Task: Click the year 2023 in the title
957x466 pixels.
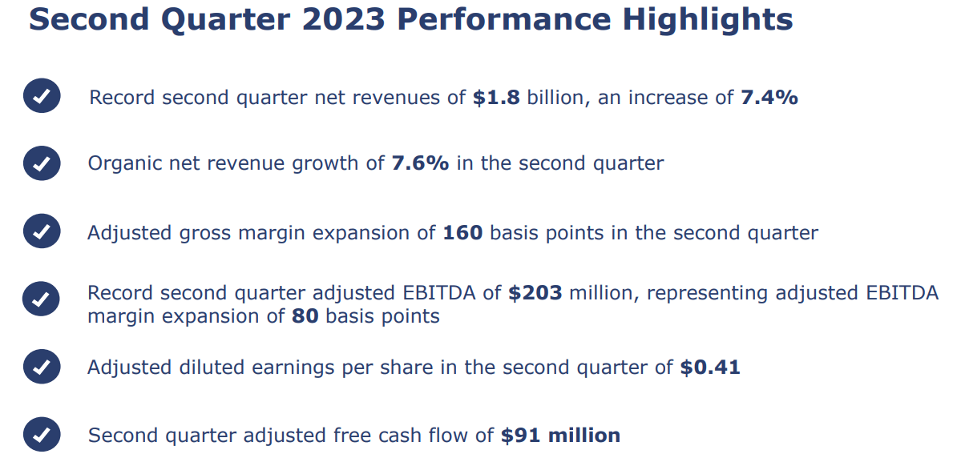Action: pos(345,20)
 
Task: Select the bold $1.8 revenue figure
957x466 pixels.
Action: pos(496,98)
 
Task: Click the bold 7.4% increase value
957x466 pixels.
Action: pos(769,98)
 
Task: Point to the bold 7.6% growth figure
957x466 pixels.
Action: pos(420,163)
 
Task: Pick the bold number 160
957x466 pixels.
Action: pos(462,233)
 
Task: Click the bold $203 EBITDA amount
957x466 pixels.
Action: pos(535,293)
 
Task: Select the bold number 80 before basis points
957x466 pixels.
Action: pos(305,316)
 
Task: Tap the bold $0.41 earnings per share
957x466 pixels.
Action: pos(710,368)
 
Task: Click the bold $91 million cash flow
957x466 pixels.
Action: pos(560,436)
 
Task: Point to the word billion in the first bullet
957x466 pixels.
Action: pos(555,98)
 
